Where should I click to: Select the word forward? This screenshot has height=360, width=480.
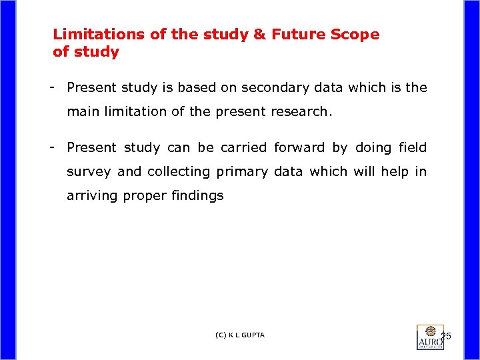tap(299, 147)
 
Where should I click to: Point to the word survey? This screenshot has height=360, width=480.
tap(89, 171)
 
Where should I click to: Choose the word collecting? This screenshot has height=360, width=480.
tap(178, 171)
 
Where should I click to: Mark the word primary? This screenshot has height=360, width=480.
tap(241, 171)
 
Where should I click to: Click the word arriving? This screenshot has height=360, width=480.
tap(92, 196)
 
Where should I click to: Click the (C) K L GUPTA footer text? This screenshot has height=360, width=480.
tap(240, 335)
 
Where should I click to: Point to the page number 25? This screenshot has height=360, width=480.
tap(446, 335)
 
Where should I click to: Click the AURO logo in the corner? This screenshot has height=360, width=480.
tap(430, 337)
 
